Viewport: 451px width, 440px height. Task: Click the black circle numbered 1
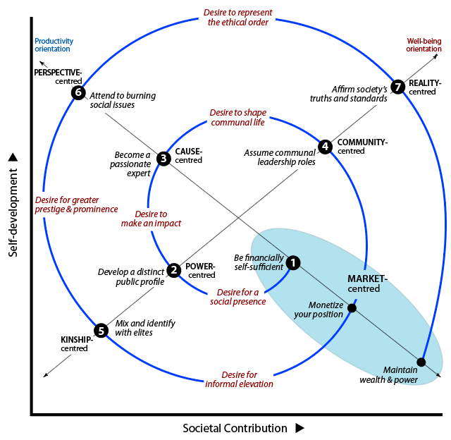tap(293, 262)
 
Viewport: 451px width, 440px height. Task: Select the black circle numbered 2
tap(174, 270)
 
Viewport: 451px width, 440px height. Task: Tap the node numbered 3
tap(163, 158)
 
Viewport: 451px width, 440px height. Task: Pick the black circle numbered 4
tap(326, 147)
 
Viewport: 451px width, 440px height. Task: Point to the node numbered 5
tap(101, 331)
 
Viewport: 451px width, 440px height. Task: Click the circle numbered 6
tap(78, 92)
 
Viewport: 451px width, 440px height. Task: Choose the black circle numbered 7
tap(397, 86)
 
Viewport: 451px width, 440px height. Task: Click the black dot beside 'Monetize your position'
tap(352, 308)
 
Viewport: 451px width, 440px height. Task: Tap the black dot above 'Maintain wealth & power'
tap(421, 362)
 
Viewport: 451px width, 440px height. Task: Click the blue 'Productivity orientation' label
tap(54, 45)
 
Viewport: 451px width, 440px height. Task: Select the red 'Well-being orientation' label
tap(424, 45)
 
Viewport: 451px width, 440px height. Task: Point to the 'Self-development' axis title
tap(13, 212)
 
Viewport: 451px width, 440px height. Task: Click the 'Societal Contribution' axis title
tap(235, 428)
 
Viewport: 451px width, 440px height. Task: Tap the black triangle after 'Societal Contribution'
tap(299, 428)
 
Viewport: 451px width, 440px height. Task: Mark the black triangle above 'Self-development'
tap(13, 157)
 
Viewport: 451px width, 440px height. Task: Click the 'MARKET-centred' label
tap(367, 283)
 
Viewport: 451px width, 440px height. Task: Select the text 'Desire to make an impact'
tap(151, 219)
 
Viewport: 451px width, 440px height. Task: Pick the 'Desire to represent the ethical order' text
tap(238, 17)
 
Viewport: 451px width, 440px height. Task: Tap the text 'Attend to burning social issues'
tap(123, 100)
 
